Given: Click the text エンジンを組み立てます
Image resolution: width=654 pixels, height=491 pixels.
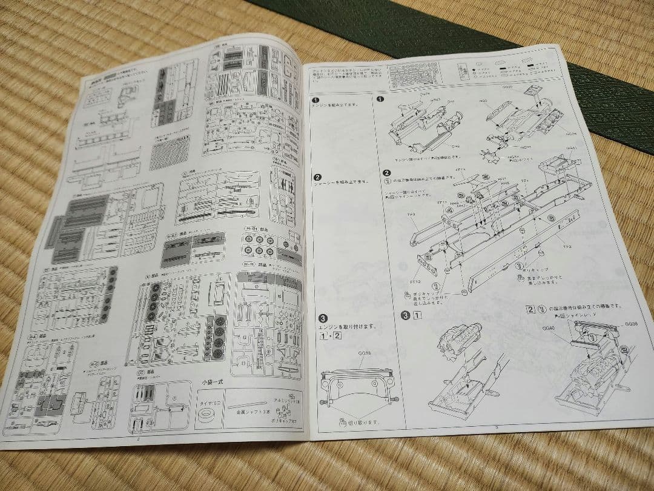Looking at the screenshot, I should point(332,105).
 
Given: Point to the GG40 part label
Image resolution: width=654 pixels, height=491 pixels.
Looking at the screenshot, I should point(549,328).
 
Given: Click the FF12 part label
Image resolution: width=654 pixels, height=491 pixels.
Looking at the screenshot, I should point(415,280).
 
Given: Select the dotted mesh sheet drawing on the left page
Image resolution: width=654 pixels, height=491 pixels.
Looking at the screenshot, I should point(170,153).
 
